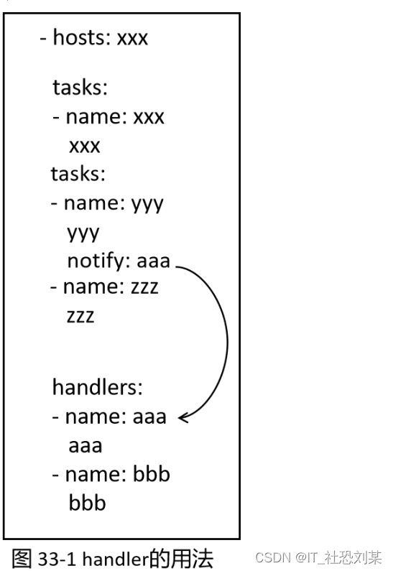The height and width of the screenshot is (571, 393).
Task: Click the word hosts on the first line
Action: click(x=80, y=37)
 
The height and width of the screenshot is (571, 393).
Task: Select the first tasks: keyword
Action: click(x=80, y=88)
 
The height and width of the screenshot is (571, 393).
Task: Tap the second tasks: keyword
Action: click(x=78, y=174)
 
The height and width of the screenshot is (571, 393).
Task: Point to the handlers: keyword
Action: click(x=97, y=386)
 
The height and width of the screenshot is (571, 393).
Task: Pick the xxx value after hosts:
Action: click(x=132, y=39)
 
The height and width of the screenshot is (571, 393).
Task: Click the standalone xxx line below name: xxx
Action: click(x=85, y=147)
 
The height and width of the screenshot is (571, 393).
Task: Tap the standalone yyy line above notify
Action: click(x=83, y=233)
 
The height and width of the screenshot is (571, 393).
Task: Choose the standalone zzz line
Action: click(x=80, y=316)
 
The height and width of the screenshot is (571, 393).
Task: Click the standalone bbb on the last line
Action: click(x=88, y=503)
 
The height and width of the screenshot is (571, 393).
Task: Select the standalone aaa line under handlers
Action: click(x=85, y=447)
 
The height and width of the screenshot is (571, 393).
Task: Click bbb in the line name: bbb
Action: click(x=152, y=474)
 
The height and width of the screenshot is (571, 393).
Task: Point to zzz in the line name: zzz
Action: click(x=144, y=287)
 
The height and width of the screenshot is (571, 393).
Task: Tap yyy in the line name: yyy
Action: click(x=147, y=205)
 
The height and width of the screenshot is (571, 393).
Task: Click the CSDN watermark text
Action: click(x=273, y=557)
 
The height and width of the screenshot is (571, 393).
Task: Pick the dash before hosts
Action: click(x=43, y=39)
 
